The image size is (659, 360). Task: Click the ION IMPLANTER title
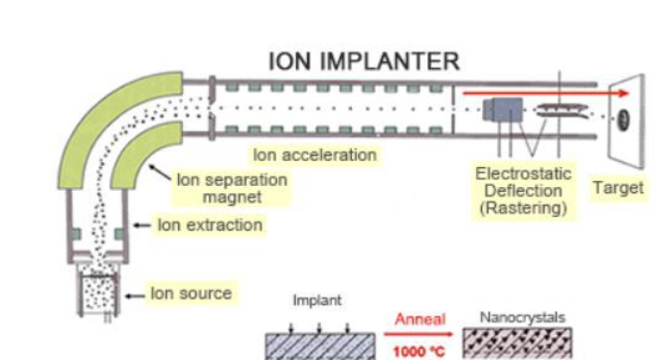364,62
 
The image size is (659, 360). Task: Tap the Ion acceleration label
315,155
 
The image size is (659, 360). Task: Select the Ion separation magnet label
232,188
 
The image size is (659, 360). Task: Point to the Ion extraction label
210,225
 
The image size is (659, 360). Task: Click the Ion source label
191,293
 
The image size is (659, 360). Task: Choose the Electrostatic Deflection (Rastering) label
523,191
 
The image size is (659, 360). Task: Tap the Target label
618,188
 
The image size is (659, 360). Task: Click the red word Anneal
419,319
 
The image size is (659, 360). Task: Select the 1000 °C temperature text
419,351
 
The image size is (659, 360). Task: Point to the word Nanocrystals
523,317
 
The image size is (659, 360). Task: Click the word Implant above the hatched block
317,300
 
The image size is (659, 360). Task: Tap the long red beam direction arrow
546,93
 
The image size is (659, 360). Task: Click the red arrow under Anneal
418,334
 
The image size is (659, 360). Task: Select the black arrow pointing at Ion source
135,296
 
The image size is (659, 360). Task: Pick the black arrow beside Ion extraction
142,226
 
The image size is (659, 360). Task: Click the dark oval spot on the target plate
623,119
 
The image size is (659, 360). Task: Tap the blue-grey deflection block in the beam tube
503,109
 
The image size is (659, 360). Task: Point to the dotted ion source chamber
98,291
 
